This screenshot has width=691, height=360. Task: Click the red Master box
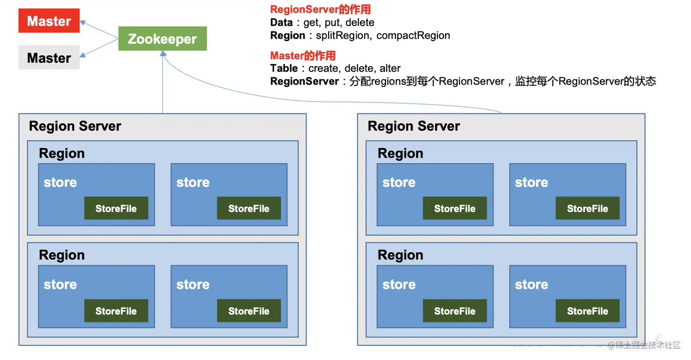click(49, 21)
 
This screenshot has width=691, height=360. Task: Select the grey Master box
click(49, 58)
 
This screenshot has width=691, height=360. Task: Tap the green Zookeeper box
click(163, 38)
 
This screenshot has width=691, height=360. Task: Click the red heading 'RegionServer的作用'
click(320, 9)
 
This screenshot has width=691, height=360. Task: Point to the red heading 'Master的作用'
click(303, 56)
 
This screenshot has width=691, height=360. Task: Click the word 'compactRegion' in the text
click(413, 36)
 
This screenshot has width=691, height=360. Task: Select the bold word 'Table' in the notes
click(284, 68)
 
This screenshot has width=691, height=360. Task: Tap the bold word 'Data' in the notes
click(282, 22)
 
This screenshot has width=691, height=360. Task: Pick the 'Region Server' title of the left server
click(75, 126)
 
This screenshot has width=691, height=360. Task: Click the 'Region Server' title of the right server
click(414, 126)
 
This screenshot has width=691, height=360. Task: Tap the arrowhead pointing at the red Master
click(83, 22)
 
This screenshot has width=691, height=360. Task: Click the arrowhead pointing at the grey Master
click(83, 55)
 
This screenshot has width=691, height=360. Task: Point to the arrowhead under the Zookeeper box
click(163, 53)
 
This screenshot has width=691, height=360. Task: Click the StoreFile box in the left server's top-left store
click(116, 208)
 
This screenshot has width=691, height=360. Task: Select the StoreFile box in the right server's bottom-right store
click(588, 311)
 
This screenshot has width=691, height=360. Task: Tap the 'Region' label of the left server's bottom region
click(62, 255)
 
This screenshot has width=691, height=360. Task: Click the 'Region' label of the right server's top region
click(400, 154)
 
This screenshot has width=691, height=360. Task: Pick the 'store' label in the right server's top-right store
click(532, 182)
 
